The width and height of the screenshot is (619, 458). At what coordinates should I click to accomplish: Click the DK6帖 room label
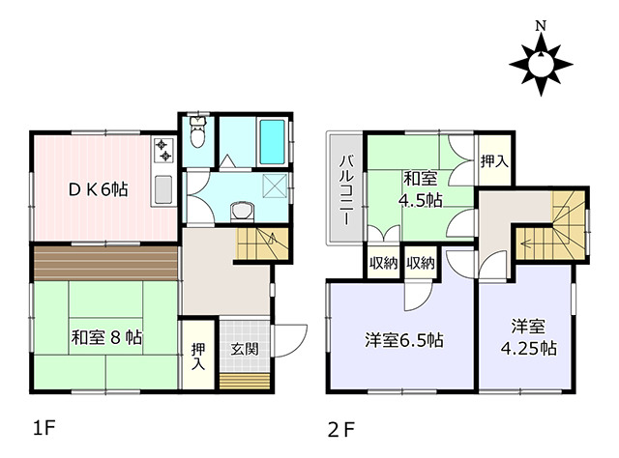pos(99,189)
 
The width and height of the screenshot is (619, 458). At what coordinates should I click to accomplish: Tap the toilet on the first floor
pos(197,131)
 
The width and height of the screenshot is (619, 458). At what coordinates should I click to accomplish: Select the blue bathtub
pos(272,142)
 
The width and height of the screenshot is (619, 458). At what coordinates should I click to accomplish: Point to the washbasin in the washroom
pos(243,211)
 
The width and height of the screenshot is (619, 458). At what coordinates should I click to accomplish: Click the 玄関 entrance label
pos(245,349)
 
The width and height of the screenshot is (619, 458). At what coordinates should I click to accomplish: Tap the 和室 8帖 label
pos(106,337)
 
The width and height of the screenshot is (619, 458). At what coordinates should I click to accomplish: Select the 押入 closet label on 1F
pos(198,357)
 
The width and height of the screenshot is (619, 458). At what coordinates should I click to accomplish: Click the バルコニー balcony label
pos(347,189)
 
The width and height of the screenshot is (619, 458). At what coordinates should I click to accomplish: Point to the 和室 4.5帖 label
pos(420,189)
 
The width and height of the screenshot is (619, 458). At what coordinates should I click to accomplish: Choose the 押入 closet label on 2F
pos(494,161)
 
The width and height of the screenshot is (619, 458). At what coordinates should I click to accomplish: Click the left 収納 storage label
pos(383,263)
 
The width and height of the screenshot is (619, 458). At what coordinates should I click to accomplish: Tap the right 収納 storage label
pos(421,263)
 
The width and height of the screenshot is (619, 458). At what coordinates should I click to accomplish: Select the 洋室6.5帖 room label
pos(403,340)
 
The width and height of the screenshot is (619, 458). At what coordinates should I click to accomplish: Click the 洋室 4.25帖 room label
pos(529,337)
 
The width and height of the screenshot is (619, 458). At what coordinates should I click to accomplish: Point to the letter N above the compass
pos(541,26)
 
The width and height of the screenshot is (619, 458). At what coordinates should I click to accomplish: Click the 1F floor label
pos(44,428)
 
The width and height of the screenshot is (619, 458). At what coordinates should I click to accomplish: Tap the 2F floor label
pos(341,429)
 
